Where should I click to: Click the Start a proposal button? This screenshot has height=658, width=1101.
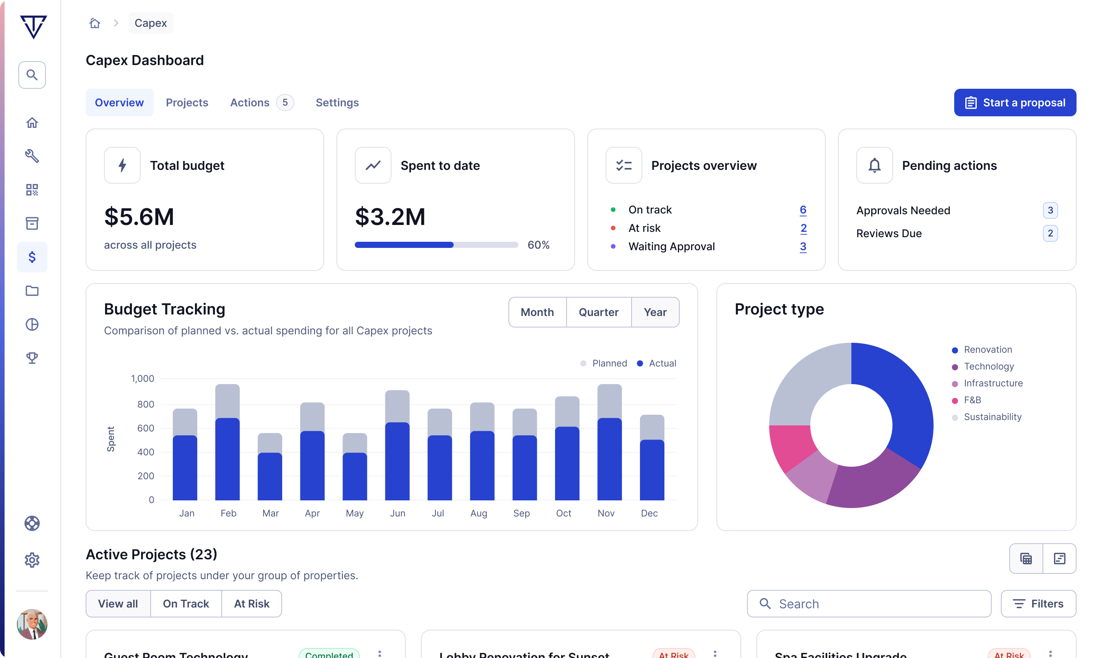1015,103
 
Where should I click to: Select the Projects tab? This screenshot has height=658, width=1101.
187,103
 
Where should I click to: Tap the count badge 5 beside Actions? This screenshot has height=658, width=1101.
285,103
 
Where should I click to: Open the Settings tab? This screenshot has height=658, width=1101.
337,103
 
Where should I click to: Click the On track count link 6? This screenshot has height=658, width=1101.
803,210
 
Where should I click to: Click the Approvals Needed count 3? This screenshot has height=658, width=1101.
1050,210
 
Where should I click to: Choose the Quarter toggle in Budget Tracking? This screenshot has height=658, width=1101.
598,312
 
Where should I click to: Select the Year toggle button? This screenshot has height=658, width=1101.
655,312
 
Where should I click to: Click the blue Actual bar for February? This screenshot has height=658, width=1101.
227,459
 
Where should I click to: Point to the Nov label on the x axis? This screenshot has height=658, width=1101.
606,513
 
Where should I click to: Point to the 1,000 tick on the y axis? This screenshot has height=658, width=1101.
142,379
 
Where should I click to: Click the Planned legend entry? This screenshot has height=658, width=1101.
604,363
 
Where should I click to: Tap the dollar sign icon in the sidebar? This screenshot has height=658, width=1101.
32,257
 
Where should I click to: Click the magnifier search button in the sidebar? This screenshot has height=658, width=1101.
32,75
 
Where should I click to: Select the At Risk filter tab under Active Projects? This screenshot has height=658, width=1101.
251,603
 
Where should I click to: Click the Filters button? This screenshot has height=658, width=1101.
1038,603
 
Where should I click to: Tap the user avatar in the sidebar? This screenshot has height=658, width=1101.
32,624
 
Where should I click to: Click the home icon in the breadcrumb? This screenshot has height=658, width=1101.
95,23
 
